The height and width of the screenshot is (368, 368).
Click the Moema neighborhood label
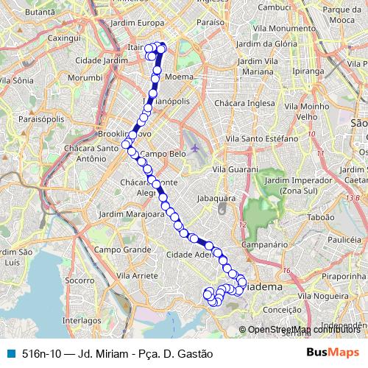pyautogui.click(x=180, y=77)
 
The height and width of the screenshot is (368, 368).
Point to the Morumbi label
pyautogui.click(x=85, y=77)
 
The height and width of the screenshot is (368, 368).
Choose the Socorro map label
pyautogui.click(x=79, y=280)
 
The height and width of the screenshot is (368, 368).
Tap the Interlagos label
pyautogui.click(x=82, y=321)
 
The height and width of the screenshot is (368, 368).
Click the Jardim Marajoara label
pyautogui.click(x=118, y=216)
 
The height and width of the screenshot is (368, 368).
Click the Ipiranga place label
pyautogui.click(x=306, y=74)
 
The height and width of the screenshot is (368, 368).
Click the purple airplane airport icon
pyautogui.click(x=195, y=148)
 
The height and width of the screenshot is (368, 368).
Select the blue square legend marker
pyautogui.click(x=10, y=354)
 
